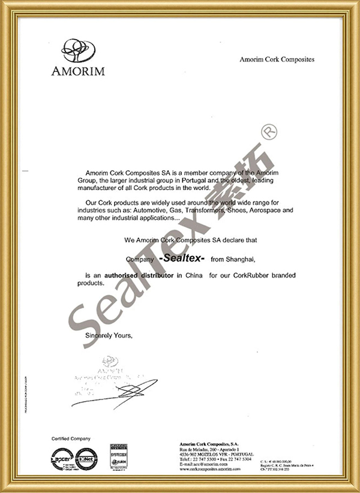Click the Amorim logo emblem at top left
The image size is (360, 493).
click(x=79, y=50)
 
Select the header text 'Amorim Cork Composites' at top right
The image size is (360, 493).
click(x=277, y=59)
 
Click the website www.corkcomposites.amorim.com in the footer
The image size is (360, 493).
click(x=213, y=469)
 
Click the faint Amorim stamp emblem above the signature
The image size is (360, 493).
click(x=110, y=362)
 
